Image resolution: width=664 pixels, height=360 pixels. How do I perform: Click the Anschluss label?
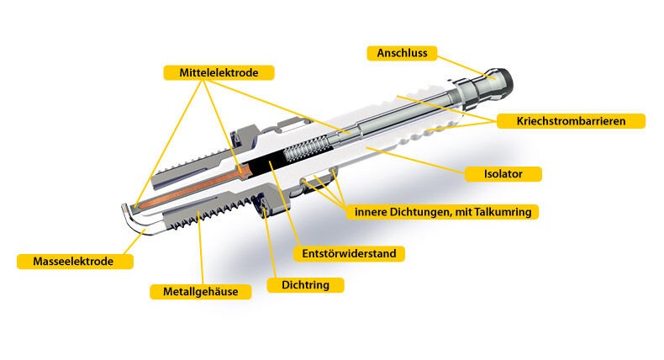(x=402, y=53)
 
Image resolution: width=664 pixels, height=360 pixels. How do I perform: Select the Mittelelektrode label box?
(x=219, y=72)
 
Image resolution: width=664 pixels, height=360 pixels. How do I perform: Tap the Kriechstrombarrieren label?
(x=571, y=121)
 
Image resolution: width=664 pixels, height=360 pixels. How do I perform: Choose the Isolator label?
(x=503, y=174)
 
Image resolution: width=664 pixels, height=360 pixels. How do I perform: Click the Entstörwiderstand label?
(x=349, y=253)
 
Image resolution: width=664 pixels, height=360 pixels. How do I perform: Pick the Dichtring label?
(x=305, y=284)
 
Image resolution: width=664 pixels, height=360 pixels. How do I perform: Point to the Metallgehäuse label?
(x=200, y=292)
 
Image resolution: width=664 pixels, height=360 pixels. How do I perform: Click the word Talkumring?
(x=503, y=212)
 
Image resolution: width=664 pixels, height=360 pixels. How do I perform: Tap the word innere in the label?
(x=368, y=212)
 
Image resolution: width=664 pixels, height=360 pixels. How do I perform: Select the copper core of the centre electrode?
(x=191, y=189)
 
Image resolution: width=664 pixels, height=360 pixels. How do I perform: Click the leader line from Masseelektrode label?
(x=135, y=241)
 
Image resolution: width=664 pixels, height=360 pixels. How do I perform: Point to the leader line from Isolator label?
(x=415, y=161)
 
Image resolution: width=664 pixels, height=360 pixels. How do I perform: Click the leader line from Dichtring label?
(x=269, y=242)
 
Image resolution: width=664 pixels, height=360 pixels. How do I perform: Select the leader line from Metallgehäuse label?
(x=200, y=247)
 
